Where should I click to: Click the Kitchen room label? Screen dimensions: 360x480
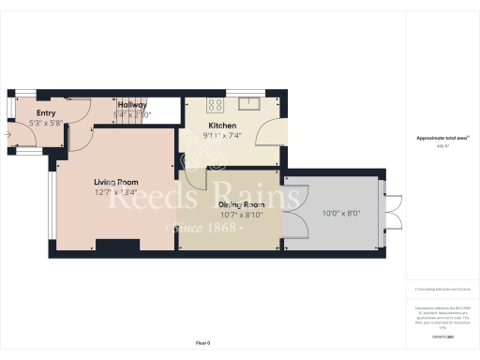pos(222,126)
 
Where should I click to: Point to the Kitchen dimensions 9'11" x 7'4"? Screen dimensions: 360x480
pos(222,135)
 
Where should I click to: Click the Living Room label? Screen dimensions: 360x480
pos(115,182)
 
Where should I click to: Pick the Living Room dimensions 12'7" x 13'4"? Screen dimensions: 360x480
pos(115,192)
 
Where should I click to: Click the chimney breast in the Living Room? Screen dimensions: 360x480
pos(118,247)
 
